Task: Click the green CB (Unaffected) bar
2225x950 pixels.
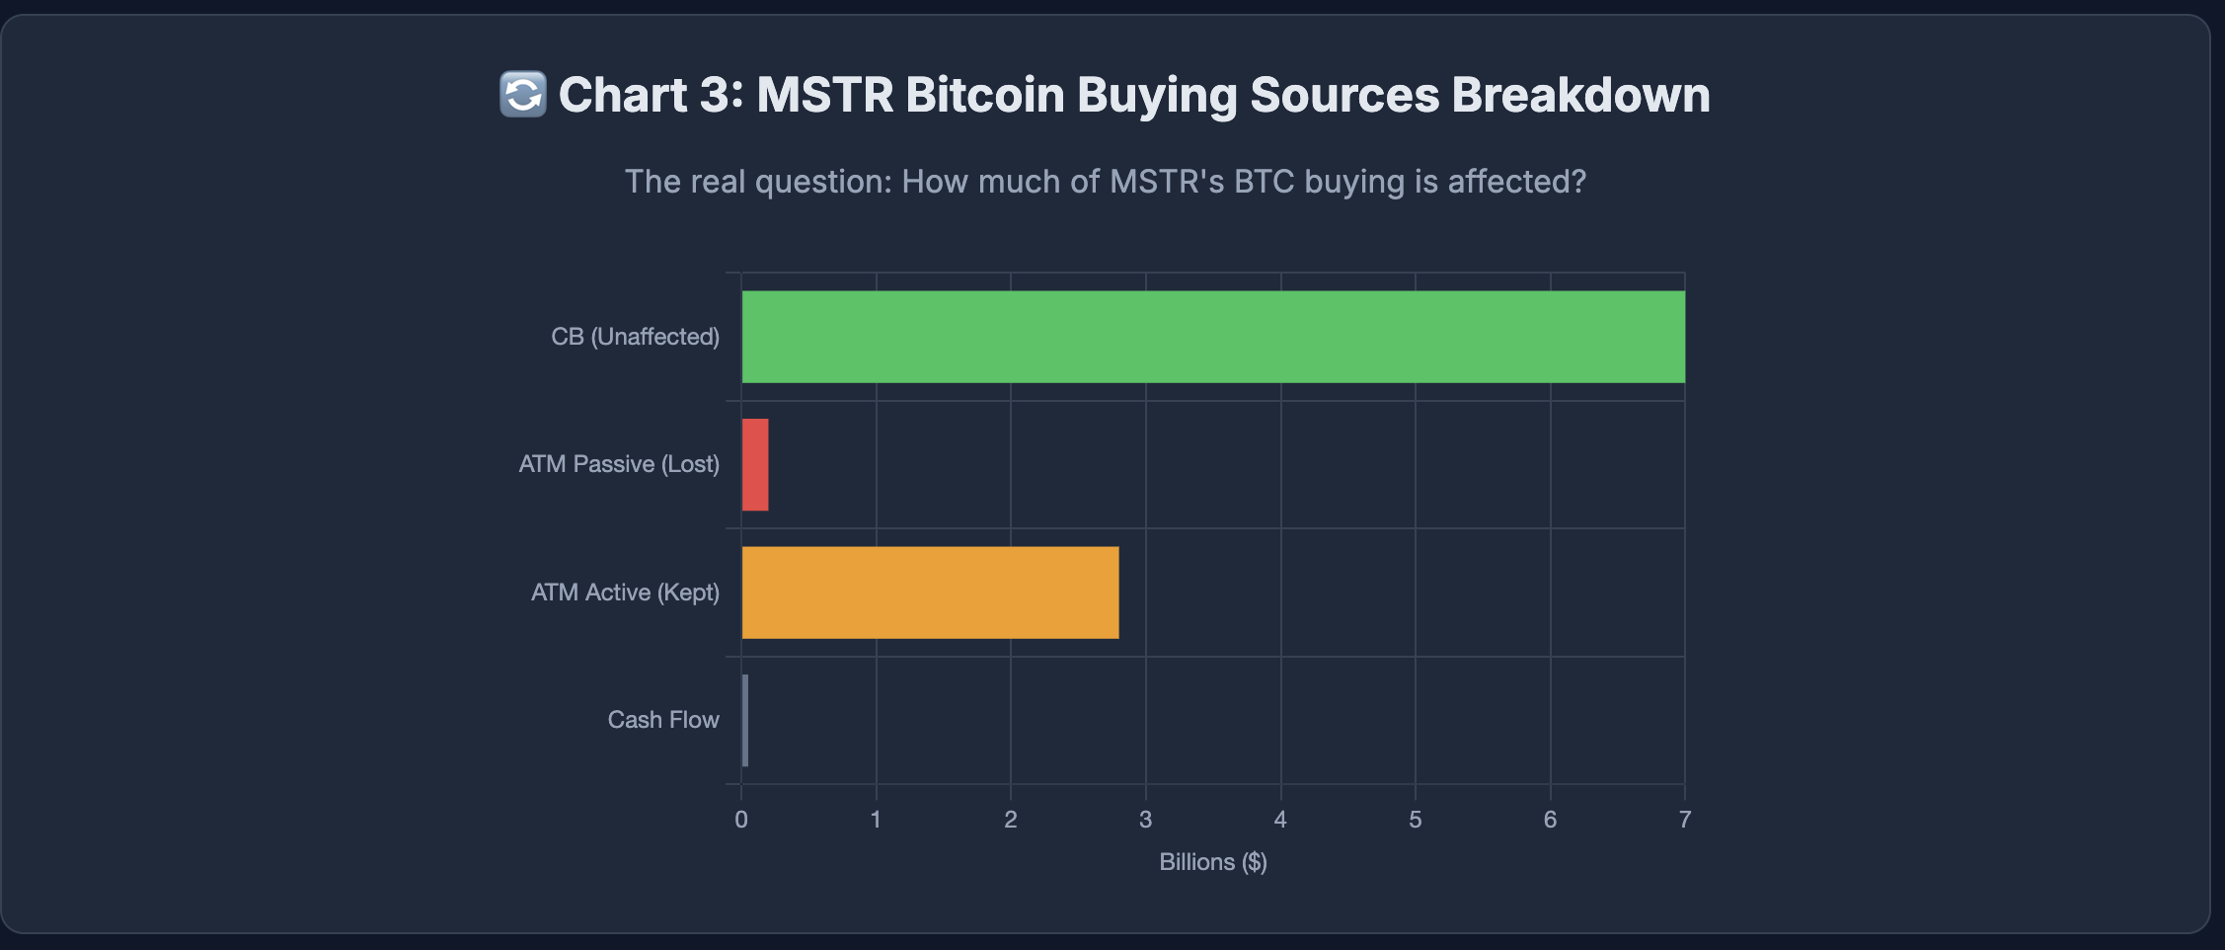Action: point(1212,337)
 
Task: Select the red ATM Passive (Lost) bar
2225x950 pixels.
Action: point(755,464)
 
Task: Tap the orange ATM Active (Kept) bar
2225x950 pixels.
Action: point(930,593)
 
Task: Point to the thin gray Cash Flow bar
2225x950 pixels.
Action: point(745,720)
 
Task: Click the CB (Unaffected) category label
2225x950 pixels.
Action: point(635,337)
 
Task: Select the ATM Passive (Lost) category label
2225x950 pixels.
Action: point(619,464)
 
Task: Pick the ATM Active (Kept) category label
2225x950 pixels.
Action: point(625,593)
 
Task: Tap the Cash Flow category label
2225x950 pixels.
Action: point(663,720)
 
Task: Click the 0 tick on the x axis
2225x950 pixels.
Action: point(741,820)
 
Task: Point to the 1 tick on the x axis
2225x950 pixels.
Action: point(876,820)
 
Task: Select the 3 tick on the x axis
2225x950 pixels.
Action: point(1145,820)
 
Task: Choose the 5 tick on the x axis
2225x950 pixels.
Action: point(1415,820)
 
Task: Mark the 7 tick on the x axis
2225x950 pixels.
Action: point(1684,820)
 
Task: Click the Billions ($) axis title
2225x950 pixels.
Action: point(1212,862)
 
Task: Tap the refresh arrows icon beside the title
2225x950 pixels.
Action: point(522,95)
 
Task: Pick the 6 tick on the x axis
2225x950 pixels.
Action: point(1550,820)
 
